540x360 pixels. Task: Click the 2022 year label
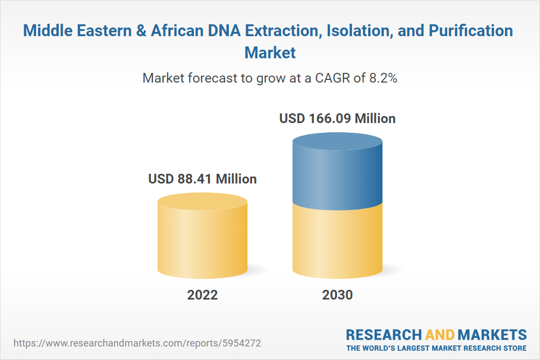click(x=202, y=295)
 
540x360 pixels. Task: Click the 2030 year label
click(x=337, y=295)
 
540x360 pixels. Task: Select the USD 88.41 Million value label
click(x=202, y=179)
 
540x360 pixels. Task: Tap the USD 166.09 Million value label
click(x=337, y=118)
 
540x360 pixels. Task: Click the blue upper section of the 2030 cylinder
click(x=337, y=173)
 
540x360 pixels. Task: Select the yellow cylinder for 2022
click(x=202, y=240)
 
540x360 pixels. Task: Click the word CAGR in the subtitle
click(x=329, y=78)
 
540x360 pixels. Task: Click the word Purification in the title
click(x=470, y=31)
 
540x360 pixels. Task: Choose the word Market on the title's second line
click(x=270, y=52)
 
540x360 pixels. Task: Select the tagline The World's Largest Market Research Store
click(x=436, y=348)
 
